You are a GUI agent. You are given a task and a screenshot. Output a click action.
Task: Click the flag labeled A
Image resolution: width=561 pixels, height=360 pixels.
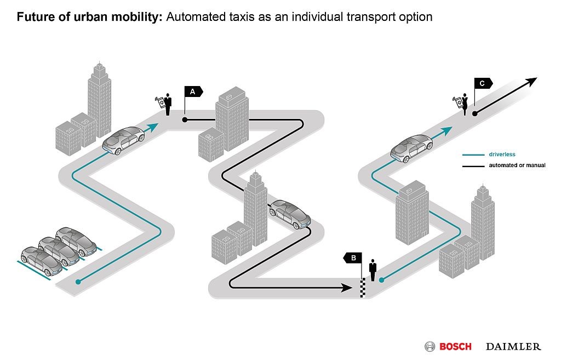(x=193, y=92)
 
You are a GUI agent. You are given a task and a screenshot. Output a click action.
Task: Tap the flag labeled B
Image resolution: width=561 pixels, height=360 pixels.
(x=353, y=258)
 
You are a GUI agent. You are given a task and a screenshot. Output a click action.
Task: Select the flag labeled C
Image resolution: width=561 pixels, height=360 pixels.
(x=483, y=83)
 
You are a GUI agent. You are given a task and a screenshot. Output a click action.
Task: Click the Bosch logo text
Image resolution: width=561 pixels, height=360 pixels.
(x=455, y=347)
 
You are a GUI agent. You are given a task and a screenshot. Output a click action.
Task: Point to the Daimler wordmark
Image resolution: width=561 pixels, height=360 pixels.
(x=513, y=347)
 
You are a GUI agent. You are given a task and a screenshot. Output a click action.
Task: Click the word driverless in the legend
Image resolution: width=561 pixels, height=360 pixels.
(x=502, y=155)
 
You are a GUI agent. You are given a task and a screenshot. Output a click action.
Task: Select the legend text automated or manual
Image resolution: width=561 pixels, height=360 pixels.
(x=517, y=165)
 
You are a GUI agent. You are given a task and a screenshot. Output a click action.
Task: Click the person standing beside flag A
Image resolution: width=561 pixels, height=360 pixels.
(x=167, y=105)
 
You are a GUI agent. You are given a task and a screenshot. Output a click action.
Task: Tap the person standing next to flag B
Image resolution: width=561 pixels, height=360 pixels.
(x=373, y=270)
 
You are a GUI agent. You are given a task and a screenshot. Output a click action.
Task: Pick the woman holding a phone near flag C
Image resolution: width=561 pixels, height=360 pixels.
(x=465, y=104)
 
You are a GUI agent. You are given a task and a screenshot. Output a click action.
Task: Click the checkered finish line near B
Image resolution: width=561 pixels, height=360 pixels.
(x=363, y=287)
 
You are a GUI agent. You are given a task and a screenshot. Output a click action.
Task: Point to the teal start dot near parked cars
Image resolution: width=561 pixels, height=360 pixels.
(x=78, y=282)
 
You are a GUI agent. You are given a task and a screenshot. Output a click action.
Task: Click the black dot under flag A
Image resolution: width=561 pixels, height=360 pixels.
(x=185, y=120)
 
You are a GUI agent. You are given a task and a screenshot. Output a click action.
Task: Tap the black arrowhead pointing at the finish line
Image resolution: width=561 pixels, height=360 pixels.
(x=347, y=287)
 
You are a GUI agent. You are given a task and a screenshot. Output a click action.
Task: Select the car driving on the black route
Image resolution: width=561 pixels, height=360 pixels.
(x=290, y=214)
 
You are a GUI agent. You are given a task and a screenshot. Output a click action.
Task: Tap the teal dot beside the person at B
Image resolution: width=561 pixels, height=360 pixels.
(x=382, y=280)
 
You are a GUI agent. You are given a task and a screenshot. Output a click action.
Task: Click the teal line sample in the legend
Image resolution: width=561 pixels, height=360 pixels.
(x=473, y=155)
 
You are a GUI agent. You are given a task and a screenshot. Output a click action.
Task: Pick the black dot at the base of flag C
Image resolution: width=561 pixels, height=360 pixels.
(x=475, y=113)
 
